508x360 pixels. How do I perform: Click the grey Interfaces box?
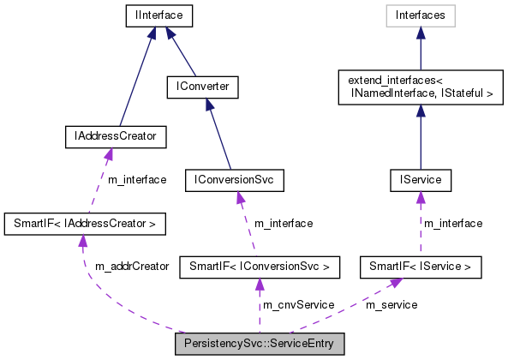(x=420, y=15)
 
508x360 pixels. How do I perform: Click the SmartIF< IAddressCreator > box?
(x=84, y=224)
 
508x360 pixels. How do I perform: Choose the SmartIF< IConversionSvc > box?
(x=260, y=267)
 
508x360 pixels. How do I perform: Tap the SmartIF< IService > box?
(x=420, y=267)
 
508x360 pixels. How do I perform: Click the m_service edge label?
(x=391, y=305)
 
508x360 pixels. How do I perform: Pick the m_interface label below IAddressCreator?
(x=137, y=180)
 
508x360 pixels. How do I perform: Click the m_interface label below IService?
(x=454, y=224)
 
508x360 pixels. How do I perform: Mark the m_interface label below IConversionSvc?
(x=284, y=224)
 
